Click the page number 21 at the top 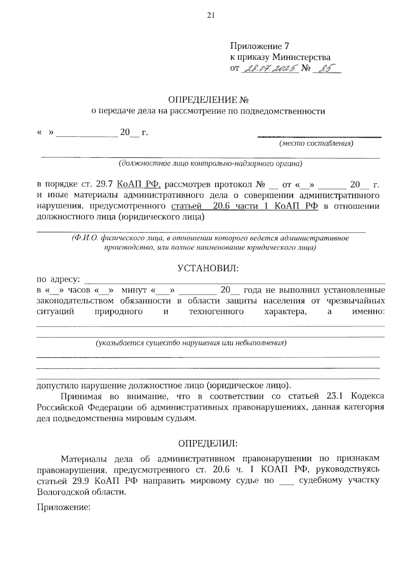pyautogui.click(x=210, y=15)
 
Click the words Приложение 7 pyautogui.click(x=260, y=46)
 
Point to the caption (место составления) pyautogui.click(x=316, y=143)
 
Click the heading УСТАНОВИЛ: pyautogui.click(x=208, y=268)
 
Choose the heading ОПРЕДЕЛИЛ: pyautogui.click(x=208, y=443)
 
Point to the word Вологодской pyautogui.click(x=64, y=492)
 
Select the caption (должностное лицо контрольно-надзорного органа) pyautogui.click(x=210, y=164)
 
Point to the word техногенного pyautogui.click(x=216, y=311)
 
